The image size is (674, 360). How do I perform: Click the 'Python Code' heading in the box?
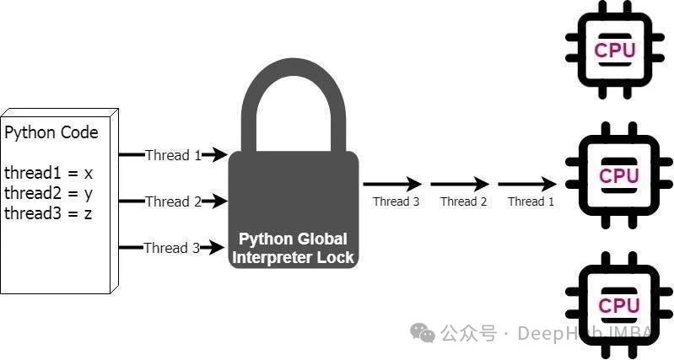(51, 132)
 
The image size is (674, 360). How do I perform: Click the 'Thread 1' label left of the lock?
(173, 155)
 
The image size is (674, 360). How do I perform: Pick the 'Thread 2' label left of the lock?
(173, 201)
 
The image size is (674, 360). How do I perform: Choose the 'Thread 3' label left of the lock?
(172, 248)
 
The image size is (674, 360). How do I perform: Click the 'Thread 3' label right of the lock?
(396, 201)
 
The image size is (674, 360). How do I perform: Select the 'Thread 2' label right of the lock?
(464, 201)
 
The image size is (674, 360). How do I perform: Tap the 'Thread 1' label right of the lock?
(531, 201)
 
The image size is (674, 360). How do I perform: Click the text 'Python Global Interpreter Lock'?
(293, 248)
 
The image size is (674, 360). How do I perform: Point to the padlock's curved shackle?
(293, 93)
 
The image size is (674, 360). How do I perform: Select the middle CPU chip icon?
(618, 176)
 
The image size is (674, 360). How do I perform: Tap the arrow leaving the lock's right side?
(392, 183)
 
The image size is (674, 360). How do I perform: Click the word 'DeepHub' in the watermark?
(553, 334)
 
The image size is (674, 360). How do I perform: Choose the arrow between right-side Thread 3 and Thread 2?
(460, 183)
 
